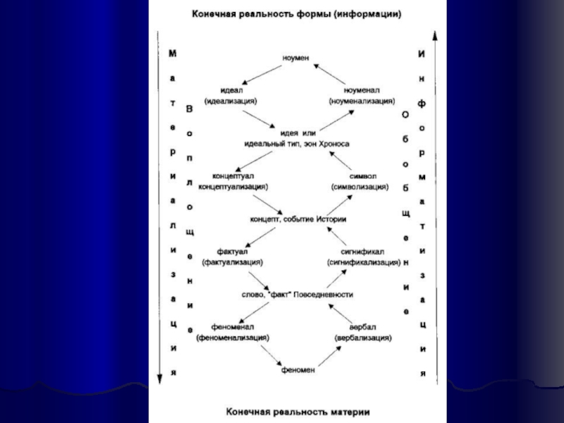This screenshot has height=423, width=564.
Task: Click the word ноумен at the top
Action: click(296, 58)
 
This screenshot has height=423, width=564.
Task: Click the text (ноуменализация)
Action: click(362, 102)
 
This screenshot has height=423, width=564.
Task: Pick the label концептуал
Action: click(233, 176)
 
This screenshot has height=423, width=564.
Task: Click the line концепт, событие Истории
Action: click(298, 219)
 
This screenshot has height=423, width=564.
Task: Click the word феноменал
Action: click(232, 327)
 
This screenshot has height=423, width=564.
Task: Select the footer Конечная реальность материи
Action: click(297, 410)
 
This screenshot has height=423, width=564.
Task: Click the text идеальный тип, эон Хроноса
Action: click(296, 144)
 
